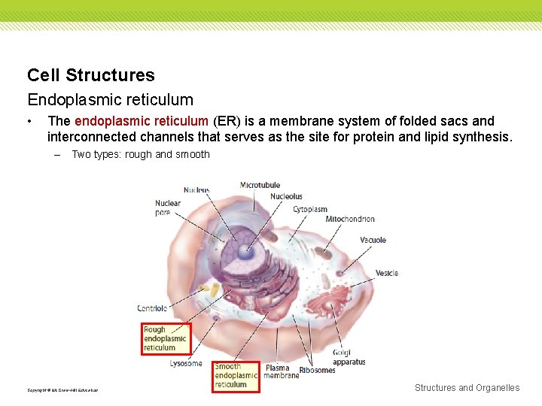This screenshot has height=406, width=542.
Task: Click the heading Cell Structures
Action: tap(90, 75)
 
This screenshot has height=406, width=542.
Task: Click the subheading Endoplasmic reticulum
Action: tap(110, 99)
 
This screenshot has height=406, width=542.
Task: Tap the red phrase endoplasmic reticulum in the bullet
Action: tap(142, 121)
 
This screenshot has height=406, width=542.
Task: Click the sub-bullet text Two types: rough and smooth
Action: tap(140, 154)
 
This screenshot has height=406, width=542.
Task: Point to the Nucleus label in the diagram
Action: tap(196, 190)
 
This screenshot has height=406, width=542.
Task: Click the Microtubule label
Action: tap(260, 185)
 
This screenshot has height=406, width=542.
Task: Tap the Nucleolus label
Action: tap(286, 197)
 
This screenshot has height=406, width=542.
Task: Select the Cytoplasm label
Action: tap(309, 209)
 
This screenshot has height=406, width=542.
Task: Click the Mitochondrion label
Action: tap(350, 219)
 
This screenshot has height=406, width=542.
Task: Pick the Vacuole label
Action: tap(373, 240)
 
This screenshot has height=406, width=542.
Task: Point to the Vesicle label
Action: tap(386, 273)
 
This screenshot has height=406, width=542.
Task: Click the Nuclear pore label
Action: tap(168, 208)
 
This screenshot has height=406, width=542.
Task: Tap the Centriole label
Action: tap(152, 308)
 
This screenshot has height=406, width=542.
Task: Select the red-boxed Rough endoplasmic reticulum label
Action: tap(166, 338)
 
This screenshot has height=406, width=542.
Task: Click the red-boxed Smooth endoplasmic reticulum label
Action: tap(235, 375)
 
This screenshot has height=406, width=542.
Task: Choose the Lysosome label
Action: tap(186, 364)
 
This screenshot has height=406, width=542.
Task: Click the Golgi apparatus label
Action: tap(349, 357)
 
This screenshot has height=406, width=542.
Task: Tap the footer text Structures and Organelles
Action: tap(467, 388)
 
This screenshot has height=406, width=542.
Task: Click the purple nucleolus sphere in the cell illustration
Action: tap(246, 253)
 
